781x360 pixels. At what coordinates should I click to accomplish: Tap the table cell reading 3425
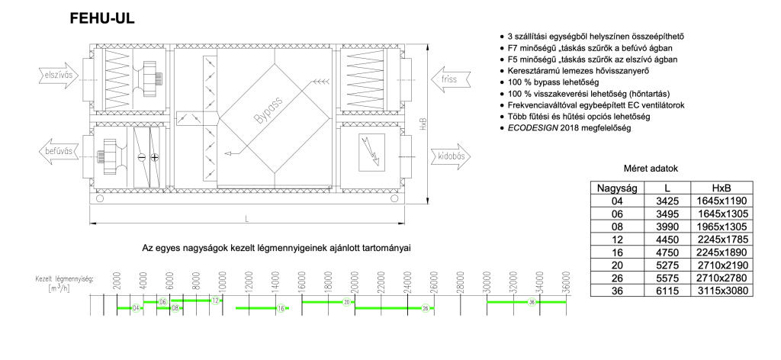tap(666, 201)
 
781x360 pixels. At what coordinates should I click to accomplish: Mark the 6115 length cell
tap(666, 291)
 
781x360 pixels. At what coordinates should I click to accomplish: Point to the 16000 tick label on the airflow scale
tap(303, 281)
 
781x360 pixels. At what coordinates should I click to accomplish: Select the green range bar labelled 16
tap(262, 308)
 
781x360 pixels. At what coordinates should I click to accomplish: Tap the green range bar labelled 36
tap(526, 302)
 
